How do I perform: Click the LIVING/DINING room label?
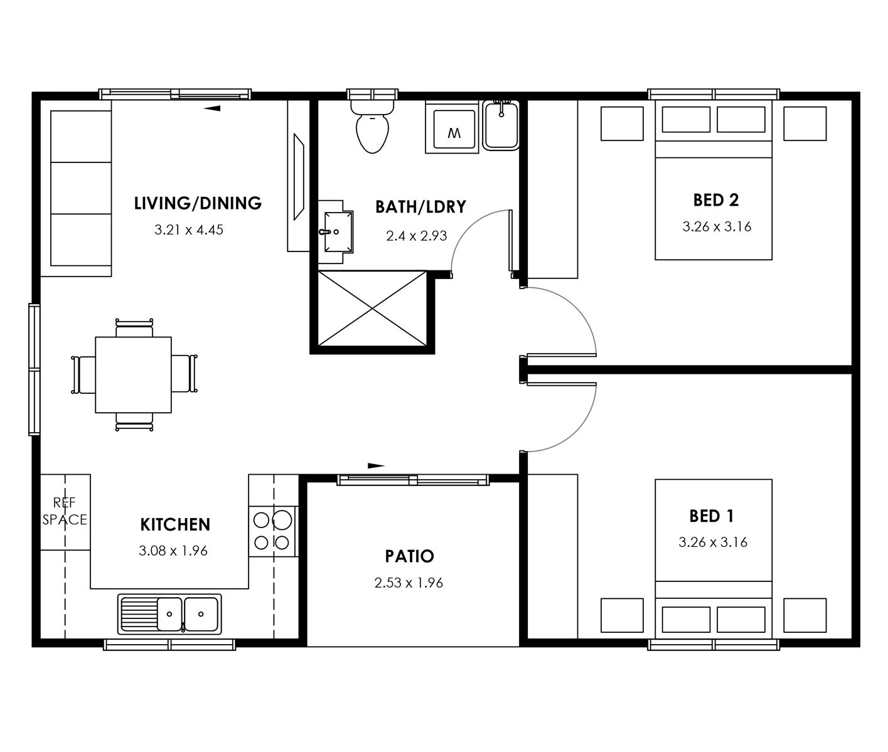[198, 203]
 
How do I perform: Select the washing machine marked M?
[452, 127]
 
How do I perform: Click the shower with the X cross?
[372, 308]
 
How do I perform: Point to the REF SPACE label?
[65, 511]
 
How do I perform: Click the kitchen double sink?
[169, 614]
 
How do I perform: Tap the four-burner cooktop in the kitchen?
[272, 532]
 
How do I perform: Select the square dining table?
[133, 375]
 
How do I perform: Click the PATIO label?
[409, 556]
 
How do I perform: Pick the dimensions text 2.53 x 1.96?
[409, 583]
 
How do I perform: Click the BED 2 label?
[715, 200]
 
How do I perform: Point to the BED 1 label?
[712, 516]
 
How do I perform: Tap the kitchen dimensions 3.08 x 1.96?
[173, 551]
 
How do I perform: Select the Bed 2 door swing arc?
[575, 307]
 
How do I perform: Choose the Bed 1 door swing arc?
[575, 431]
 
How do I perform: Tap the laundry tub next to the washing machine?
[501, 125]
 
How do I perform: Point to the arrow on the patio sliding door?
[376, 465]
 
